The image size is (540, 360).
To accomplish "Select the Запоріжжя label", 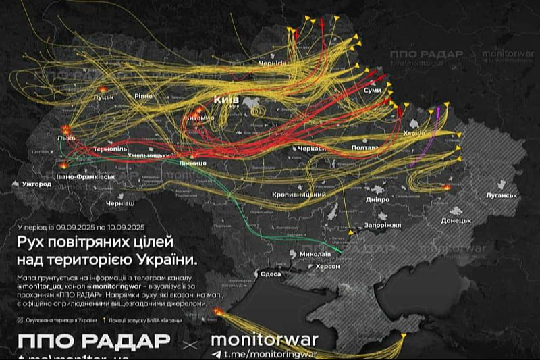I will tap(382, 225).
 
